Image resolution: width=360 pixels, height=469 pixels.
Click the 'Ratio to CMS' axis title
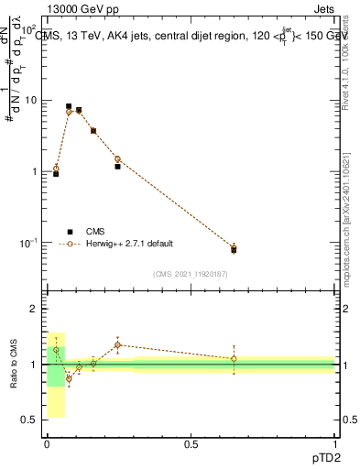[13, 365]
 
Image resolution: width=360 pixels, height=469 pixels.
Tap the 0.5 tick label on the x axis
[191, 443]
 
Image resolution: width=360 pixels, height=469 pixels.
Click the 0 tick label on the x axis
[47, 443]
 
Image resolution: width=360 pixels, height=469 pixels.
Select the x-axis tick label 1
[335, 443]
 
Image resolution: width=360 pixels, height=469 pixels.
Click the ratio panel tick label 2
[34, 309]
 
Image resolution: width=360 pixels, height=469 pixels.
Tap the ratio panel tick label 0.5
[29, 420]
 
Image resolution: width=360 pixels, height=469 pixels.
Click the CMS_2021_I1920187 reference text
[191, 274]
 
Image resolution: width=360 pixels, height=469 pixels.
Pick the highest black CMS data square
[69, 106]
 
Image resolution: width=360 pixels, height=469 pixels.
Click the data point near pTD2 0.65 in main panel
[234, 249]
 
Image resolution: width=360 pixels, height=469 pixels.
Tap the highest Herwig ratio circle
[117, 345]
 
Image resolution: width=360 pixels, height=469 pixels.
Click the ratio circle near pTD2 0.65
[234, 359]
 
